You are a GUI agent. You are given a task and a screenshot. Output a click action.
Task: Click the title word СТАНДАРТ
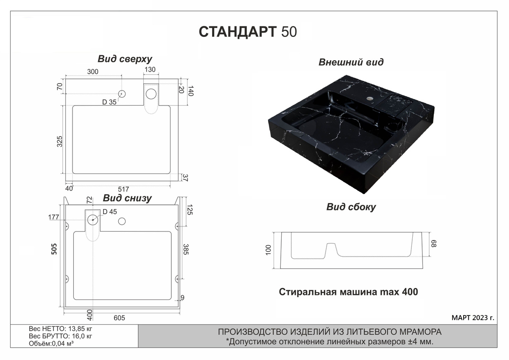238,31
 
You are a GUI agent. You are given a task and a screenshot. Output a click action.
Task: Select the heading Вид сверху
125,59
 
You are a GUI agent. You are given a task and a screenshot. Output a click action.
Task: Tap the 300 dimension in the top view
93,72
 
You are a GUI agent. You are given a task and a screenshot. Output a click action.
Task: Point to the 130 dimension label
150,70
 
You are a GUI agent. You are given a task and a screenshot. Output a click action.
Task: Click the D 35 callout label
109,102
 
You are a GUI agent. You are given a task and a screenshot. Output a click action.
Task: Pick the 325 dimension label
59,141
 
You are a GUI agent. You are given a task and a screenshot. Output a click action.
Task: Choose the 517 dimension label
123,189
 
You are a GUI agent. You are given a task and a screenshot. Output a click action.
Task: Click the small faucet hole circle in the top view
122,94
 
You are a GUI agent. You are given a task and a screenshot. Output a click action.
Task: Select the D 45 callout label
110,212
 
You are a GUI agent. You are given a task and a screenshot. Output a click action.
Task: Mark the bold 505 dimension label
54,249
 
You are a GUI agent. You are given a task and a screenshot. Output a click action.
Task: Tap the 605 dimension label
119,318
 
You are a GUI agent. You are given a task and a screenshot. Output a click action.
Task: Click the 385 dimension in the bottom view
186,249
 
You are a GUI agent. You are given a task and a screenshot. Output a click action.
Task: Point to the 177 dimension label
53,218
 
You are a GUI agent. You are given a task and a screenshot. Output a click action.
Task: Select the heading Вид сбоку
351,207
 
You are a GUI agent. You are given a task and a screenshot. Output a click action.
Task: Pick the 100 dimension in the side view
268,250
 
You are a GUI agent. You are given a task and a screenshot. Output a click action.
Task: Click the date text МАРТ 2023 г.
473,318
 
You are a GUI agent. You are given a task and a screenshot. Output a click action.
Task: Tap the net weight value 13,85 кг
80,329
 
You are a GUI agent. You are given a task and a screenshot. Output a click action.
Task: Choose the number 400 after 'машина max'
410,292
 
